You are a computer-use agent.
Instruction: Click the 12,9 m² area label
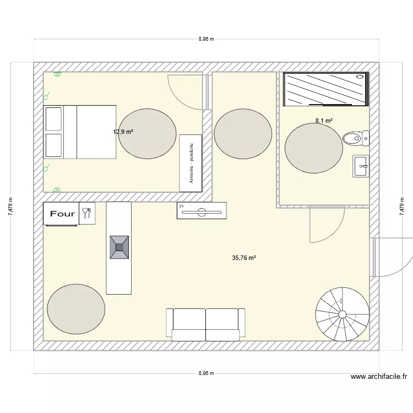(x=123, y=132)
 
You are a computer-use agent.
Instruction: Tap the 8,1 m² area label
(x=323, y=121)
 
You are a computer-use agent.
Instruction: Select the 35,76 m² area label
(x=244, y=257)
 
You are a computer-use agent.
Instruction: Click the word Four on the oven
(x=62, y=214)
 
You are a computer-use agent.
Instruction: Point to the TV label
(x=181, y=206)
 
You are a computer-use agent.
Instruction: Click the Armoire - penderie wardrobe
(x=191, y=162)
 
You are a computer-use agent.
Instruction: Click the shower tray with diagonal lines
(x=325, y=89)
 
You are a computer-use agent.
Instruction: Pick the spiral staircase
(x=342, y=314)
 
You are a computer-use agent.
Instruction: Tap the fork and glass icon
(x=87, y=213)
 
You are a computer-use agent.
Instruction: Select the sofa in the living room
(x=205, y=324)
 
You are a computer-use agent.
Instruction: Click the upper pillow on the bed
(x=53, y=118)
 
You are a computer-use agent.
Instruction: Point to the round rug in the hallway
(x=243, y=134)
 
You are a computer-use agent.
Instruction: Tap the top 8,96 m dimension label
(x=206, y=39)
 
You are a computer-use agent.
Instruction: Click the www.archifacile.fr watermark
(x=378, y=377)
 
